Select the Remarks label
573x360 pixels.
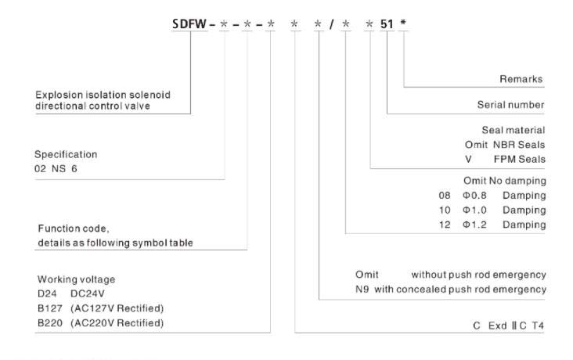click(521, 79)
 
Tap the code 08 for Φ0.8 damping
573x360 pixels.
click(445, 195)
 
